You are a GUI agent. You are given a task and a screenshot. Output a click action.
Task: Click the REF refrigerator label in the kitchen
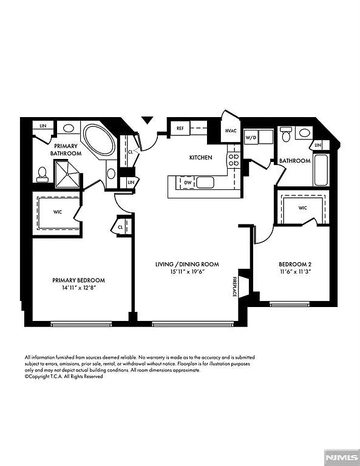[x=180, y=129]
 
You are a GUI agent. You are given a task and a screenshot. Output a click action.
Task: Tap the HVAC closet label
[x=231, y=130]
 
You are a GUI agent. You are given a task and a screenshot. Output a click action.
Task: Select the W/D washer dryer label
[x=251, y=138]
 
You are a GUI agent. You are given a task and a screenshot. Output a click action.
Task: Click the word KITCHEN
[x=200, y=158]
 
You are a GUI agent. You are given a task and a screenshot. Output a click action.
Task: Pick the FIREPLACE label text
[x=234, y=286]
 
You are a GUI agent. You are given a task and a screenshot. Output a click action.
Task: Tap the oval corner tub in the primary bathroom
[x=98, y=141]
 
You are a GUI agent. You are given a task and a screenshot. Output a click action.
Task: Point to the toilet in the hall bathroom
[x=286, y=134]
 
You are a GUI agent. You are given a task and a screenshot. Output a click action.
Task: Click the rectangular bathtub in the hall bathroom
[x=321, y=171]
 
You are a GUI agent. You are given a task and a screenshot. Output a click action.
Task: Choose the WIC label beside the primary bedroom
[x=58, y=212]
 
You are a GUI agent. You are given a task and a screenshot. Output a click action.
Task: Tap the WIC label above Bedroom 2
[x=303, y=208]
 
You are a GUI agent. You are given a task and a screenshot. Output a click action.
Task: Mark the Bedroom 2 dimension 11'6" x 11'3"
[x=294, y=273]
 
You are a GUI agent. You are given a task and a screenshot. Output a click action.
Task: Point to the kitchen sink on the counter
[x=205, y=182]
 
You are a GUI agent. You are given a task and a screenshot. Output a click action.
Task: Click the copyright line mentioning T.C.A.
[x=64, y=376]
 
